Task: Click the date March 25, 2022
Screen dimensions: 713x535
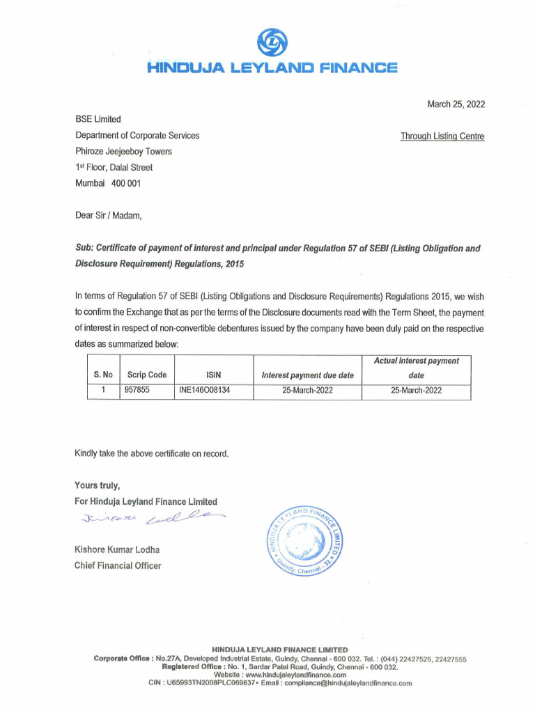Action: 456,104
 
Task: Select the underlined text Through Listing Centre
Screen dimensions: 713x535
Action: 442,136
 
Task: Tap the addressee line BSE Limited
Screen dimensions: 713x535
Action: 98,119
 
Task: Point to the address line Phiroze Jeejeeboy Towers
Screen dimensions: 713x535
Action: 123,151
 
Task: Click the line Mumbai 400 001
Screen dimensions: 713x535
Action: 108,183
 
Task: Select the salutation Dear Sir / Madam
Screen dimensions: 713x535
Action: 109,215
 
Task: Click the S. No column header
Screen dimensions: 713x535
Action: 103,375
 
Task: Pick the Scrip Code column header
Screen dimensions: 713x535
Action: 146,375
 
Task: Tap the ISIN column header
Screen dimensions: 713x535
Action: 213,375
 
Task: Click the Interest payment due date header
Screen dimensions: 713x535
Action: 307,375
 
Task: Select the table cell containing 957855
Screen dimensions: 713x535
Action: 137,391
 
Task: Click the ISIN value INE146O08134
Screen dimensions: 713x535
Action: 205,391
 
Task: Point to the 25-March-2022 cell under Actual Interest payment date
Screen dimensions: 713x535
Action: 416,391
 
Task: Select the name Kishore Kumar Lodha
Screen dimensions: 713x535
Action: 117,550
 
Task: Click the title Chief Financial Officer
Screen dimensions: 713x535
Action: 118,565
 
